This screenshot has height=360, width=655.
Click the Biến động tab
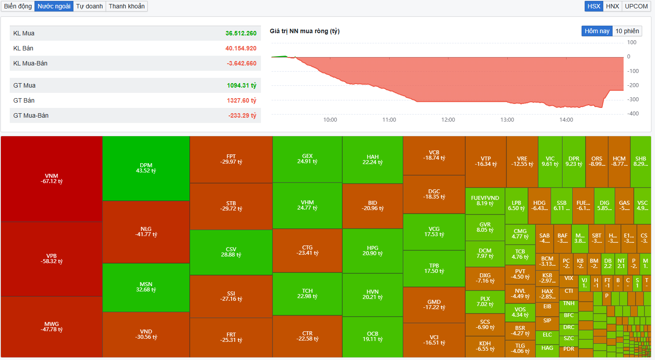18,6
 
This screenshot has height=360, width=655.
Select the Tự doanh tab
89,6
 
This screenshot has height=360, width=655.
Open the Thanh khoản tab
126,6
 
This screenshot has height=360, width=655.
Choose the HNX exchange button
612,6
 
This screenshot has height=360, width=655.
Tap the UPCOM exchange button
636,6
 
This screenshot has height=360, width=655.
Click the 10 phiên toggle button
627,31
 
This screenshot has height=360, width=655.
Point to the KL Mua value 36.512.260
241,33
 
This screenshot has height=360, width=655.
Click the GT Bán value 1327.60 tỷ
241,100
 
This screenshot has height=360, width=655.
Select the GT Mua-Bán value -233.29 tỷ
242,115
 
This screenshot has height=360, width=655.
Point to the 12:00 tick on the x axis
448,120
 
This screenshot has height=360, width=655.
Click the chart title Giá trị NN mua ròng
304,31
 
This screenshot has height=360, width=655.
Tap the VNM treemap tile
52,179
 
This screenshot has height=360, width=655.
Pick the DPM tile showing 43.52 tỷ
146,168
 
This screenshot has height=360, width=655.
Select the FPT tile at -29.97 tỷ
231,159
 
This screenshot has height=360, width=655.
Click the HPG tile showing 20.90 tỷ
372,251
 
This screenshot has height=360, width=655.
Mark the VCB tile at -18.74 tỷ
434,155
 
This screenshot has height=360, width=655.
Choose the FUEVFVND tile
485,201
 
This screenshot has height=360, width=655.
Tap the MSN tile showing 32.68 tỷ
146,287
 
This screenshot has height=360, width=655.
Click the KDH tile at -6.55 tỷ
485,346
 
